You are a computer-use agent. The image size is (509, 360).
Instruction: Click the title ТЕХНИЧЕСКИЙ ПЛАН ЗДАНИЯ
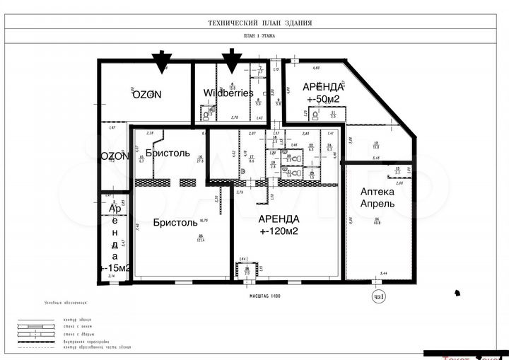(x=259, y=23)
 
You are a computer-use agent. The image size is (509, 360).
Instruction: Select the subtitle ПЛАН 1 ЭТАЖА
(x=259, y=35)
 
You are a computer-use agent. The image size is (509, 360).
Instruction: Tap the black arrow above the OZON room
(x=163, y=62)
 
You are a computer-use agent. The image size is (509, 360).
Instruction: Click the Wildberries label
(x=228, y=93)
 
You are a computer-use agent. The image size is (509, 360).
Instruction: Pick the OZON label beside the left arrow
(x=146, y=93)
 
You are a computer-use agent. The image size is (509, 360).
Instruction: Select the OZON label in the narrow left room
(x=114, y=156)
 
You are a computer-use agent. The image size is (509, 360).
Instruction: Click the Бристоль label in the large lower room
(x=175, y=222)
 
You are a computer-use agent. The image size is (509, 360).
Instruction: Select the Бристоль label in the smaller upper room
(x=168, y=153)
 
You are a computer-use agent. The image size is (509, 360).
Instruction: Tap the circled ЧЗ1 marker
(x=379, y=296)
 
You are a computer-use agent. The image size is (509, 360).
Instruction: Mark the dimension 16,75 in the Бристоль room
(x=202, y=220)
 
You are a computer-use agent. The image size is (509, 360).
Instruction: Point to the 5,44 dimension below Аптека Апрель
(x=383, y=273)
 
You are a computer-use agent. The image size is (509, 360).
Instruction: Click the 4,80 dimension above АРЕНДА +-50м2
(x=317, y=68)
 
